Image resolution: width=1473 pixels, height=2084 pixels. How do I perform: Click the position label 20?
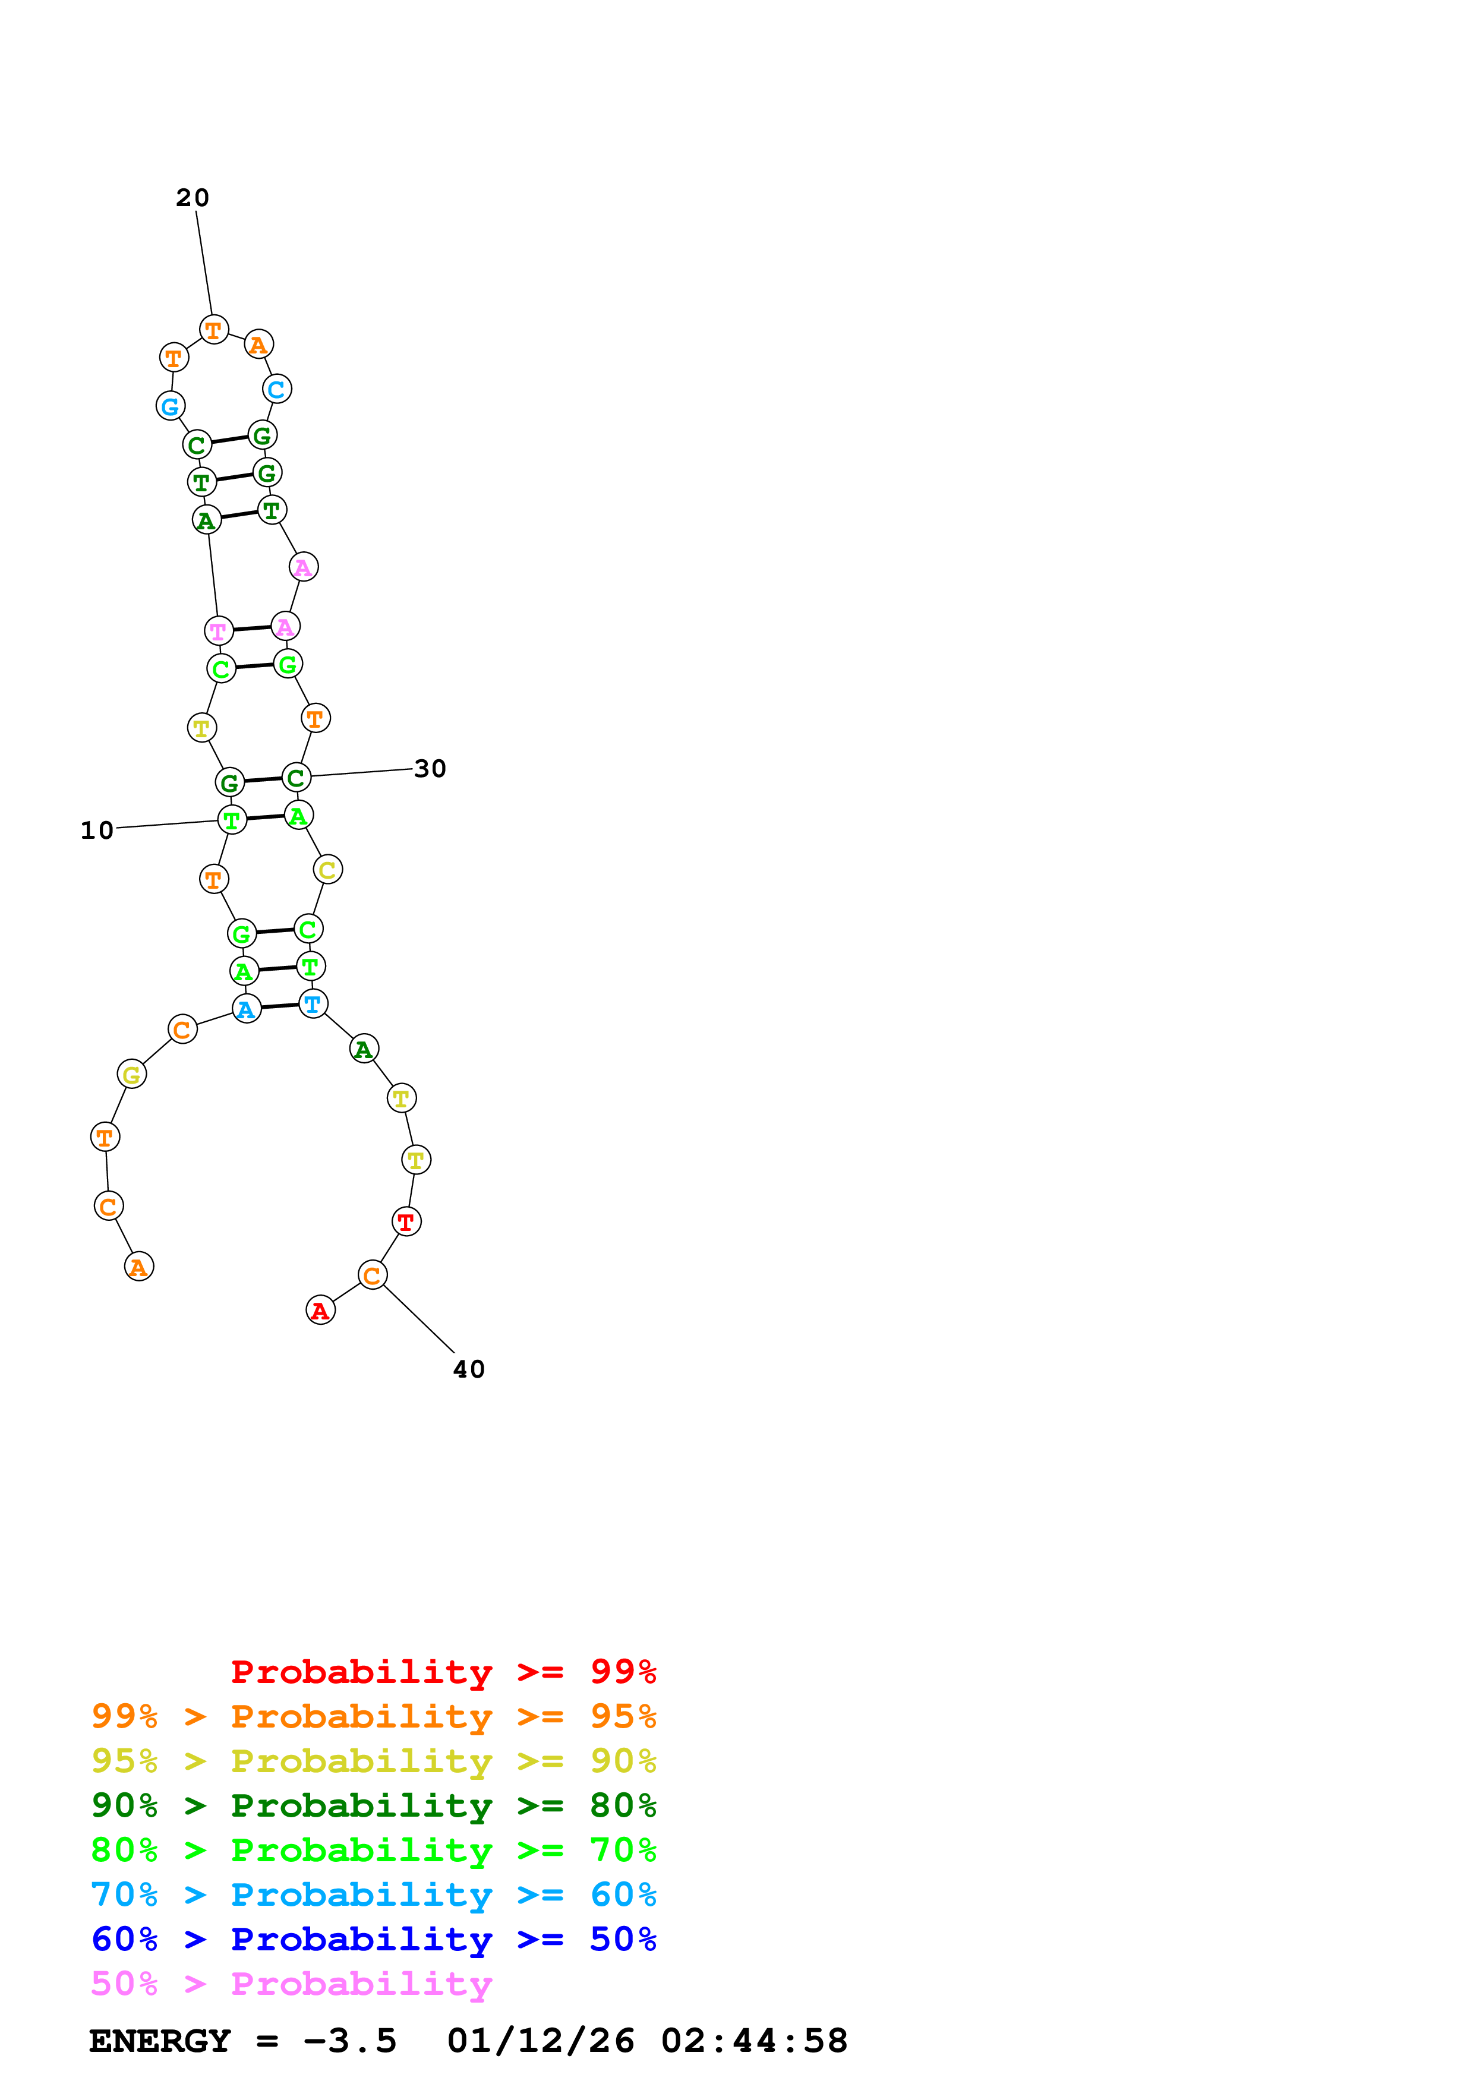(193, 198)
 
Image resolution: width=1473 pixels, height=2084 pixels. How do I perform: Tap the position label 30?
(430, 769)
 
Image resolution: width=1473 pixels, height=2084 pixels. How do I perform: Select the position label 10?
(97, 831)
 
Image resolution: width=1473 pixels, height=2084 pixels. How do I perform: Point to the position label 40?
(469, 1370)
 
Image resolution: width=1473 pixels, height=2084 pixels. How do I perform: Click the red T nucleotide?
(406, 1222)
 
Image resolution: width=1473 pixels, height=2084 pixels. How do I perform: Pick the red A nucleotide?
(320, 1310)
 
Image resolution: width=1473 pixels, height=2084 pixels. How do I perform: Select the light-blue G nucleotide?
(171, 406)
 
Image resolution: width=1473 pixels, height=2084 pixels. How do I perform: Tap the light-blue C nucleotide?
(277, 389)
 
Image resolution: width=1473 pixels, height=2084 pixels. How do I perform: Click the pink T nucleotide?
(219, 631)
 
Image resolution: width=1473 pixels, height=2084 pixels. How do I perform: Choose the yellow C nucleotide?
(327, 870)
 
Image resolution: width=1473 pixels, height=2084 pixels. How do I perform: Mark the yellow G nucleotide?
(131, 1075)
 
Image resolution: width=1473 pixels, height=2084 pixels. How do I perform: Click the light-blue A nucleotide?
(247, 1009)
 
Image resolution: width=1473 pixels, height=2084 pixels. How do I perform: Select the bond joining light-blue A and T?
(279, 1006)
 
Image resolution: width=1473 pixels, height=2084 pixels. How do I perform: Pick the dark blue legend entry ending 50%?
(373, 1940)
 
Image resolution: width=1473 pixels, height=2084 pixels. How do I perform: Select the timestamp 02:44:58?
(754, 2041)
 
